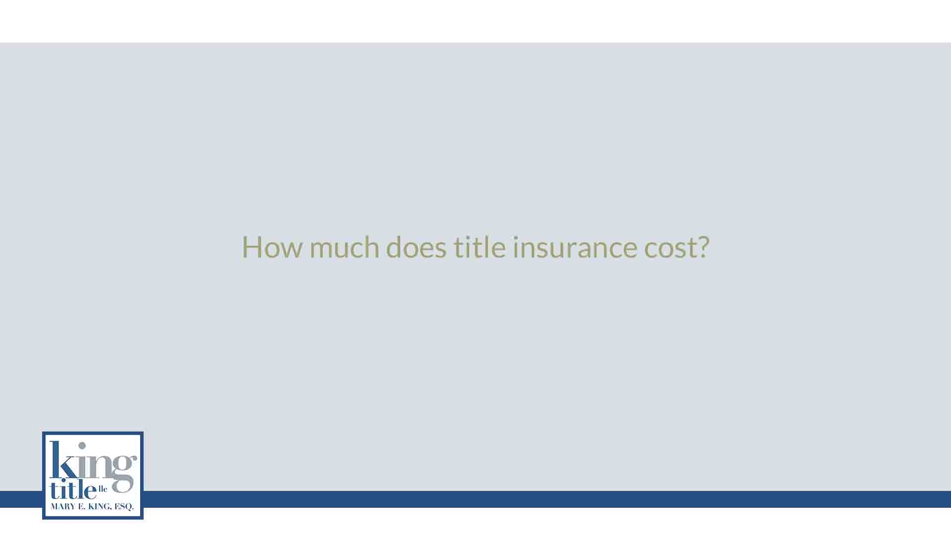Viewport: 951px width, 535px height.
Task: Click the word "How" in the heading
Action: coord(271,247)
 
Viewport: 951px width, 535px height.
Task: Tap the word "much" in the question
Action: coord(344,247)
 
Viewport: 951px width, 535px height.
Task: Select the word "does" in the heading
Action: coord(416,247)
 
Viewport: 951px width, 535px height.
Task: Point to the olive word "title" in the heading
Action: coord(479,247)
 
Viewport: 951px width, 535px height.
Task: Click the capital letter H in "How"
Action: coord(251,247)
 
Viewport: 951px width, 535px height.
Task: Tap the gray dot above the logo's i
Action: coord(82,445)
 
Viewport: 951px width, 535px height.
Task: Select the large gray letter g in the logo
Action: coord(122,473)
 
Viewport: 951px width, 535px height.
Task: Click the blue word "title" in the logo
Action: coord(72,490)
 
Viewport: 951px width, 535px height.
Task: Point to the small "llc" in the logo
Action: coord(103,489)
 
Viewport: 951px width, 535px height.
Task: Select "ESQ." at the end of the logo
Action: coord(124,507)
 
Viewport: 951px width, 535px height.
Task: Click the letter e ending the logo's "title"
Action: coord(90,492)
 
